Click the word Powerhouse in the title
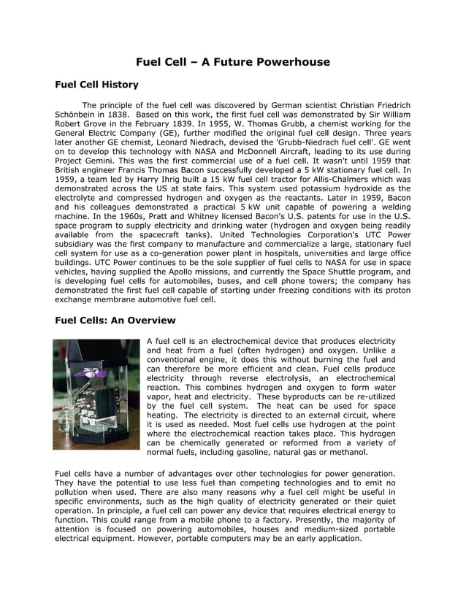[x=290, y=62]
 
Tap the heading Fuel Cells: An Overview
[x=115, y=320]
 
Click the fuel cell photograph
[x=96, y=393]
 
